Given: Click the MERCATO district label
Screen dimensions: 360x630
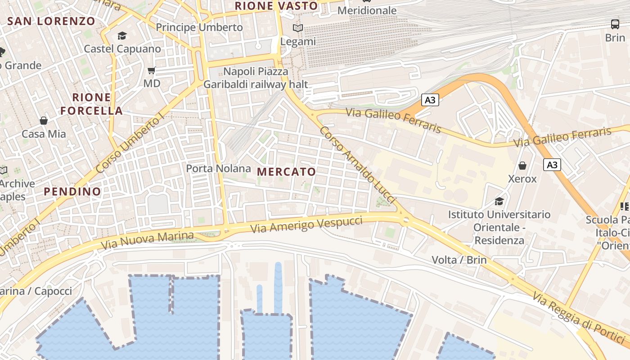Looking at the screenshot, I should pyautogui.click(x=287, y=171).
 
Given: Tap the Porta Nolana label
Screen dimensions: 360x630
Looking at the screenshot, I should pyautogui.click(x=219, y=169).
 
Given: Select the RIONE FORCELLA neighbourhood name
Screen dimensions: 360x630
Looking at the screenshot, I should pyautogui.click(x=92, y=104).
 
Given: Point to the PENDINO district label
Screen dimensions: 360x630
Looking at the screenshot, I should pyautogui.click(x=72, y=191).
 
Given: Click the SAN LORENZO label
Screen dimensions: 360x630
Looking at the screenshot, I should pyautogui.click(x=51, y=21).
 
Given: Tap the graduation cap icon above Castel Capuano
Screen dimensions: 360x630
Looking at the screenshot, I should pyautogui.click(x=122, y=36).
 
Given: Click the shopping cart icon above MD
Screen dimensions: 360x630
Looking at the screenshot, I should pyautogui.click(x=152, y=70).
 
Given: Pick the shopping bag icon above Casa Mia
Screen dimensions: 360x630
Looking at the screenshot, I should pyautogui.click(x=44, y=120).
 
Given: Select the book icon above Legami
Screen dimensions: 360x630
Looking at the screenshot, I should pyautogui.click(x=297, y=28).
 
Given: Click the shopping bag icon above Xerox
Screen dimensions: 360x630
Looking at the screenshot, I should pyautogui.click(x=522, y=166).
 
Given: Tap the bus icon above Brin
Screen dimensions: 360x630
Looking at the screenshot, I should pyautogui.click(x=615, y=24).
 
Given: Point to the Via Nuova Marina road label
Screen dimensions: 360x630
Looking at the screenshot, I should pyautogui.click(x=147, y=240).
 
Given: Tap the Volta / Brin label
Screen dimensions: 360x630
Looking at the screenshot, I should pyautogui.click(x=459, y=260).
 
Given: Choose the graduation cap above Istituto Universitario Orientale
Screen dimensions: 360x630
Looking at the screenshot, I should pyautogui.click(x=499, y=201).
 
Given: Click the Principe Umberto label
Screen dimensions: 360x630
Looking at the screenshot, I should pyautogui.click(x=199, y=27).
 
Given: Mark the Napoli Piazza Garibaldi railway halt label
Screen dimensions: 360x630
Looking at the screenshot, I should pyautogui.click(x=256, y=78).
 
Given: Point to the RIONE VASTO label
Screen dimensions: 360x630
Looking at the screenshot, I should pyautogui.click(x=277, y=6).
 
